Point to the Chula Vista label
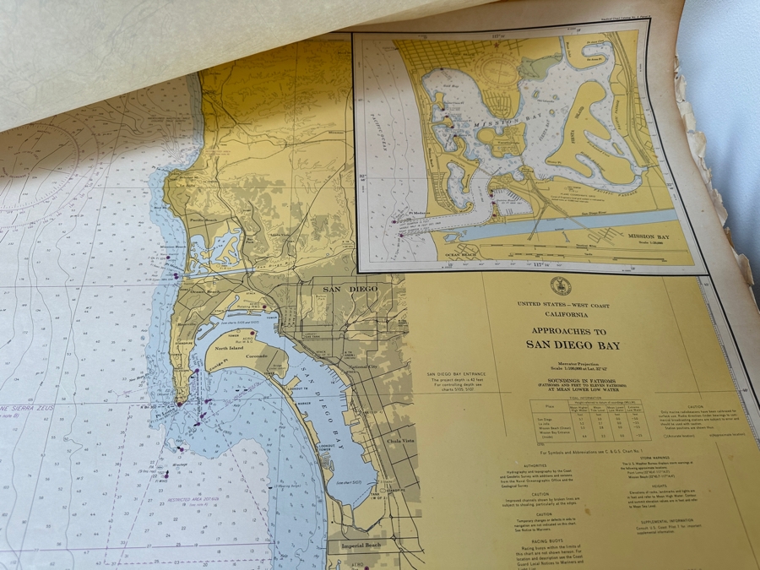[x=402, y=440]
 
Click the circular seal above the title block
[x=560, y=285]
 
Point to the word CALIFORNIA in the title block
[x=562, y=313]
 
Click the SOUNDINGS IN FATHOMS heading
[x=571, y=378]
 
